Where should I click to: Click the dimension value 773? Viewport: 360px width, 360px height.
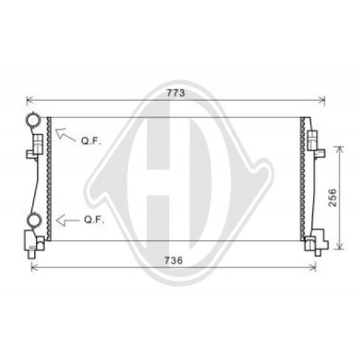[x=175, y=93]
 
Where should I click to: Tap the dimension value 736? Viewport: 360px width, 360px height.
[x=174, y=260]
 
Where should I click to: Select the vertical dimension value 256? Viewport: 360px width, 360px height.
[x=332, y=197]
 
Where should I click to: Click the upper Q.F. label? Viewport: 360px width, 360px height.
[x=91, y=141]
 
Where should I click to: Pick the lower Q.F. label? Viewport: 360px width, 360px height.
[x=94, y=220]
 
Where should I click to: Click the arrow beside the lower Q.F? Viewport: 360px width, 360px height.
[x=67, y=220]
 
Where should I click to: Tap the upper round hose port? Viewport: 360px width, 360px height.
[x=32, y=119]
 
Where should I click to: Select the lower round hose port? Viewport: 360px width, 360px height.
[x=33, y=220]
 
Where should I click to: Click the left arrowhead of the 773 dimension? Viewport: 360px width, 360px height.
[x=29, y=101]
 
